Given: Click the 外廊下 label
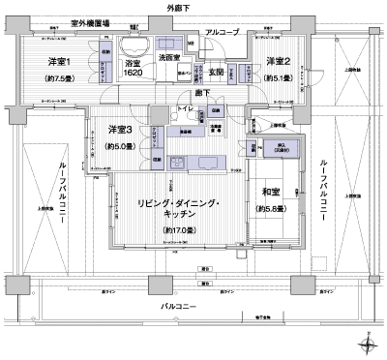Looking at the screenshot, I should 193,7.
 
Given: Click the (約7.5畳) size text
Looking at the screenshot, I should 61,81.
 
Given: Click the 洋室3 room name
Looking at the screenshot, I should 120,131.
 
